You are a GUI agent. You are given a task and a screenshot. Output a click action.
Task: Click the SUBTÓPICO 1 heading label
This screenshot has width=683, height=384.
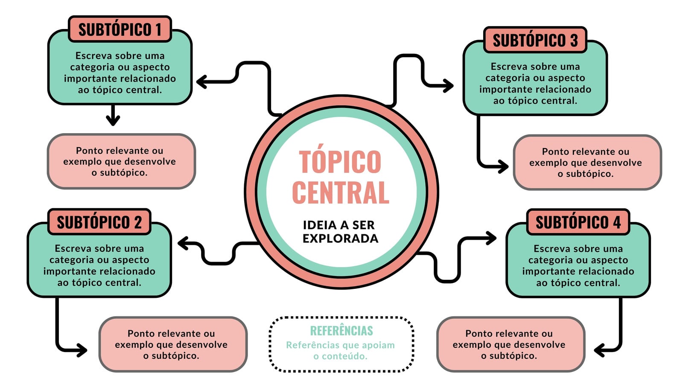coord(120,29)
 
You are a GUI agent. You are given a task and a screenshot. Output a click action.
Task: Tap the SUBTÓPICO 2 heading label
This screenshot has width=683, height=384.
coord(99,222)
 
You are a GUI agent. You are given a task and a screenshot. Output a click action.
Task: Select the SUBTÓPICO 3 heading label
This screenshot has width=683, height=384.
coord(535,40)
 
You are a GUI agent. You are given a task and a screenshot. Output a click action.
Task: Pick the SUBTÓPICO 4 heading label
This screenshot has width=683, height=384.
coord(578,222)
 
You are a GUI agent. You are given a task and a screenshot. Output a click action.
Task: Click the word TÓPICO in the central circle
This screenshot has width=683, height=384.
coord(340,162)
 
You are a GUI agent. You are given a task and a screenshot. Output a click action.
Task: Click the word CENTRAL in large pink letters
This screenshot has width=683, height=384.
coord(341,192)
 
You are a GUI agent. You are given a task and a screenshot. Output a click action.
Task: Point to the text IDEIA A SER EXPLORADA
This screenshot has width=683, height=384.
coord(340,232)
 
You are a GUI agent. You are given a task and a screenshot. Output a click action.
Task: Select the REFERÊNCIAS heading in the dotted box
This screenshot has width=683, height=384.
coord(341,331)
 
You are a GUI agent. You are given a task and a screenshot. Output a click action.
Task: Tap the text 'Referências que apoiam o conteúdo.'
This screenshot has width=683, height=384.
coord(340,350)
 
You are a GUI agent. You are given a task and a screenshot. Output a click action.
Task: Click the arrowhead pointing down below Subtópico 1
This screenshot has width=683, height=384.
coord(113,119)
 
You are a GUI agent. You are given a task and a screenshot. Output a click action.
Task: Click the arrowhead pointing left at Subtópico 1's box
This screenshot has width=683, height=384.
coord(202,81)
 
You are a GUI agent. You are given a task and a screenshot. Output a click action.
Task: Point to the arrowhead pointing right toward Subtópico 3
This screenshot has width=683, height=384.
coord(448,86)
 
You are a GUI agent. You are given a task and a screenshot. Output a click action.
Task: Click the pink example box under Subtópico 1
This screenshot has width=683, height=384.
coord(121,161)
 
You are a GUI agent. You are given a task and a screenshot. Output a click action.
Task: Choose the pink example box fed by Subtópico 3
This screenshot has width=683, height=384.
coord(587,163)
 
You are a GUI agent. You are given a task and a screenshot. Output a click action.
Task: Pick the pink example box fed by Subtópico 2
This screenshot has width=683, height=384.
coord(173,344)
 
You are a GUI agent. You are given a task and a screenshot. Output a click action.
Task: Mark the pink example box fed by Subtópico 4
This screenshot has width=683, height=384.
coord(511,344)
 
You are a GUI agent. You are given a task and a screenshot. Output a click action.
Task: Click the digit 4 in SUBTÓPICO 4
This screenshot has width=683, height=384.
coord(617,222)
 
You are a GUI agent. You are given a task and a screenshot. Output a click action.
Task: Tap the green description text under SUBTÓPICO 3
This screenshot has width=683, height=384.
coord(535,84)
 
